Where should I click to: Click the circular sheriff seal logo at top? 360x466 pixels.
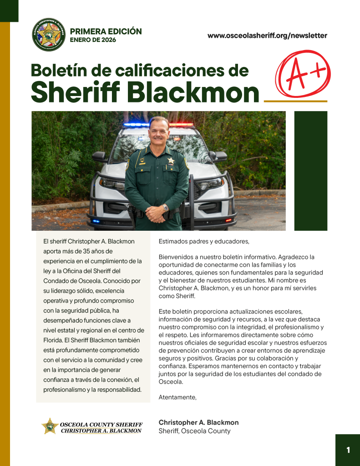tap(49, 35)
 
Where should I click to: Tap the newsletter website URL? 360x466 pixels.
tap(267, 35)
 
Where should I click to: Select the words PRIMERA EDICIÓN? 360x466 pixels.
tap(106, 31)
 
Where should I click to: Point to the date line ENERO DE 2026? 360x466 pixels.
tap(93, 40)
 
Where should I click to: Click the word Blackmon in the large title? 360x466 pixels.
tap(193, 92)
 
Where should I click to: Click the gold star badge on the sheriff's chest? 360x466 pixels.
tap(171, 161)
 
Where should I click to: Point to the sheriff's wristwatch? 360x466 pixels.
tap(165, 208)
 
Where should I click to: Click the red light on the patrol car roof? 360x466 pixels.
tap(181, 124)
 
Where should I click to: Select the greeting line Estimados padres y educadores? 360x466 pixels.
tap(204, 241)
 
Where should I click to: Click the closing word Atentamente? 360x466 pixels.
tap(177, 397)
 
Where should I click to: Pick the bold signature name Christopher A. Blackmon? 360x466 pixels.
tap(198, 422)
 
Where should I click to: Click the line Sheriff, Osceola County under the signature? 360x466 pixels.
tap(194, 431)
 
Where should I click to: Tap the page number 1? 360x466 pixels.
tap(348, 450)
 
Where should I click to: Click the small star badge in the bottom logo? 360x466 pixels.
tap(50, 426)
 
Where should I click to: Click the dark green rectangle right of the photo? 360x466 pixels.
tap(311, 171)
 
